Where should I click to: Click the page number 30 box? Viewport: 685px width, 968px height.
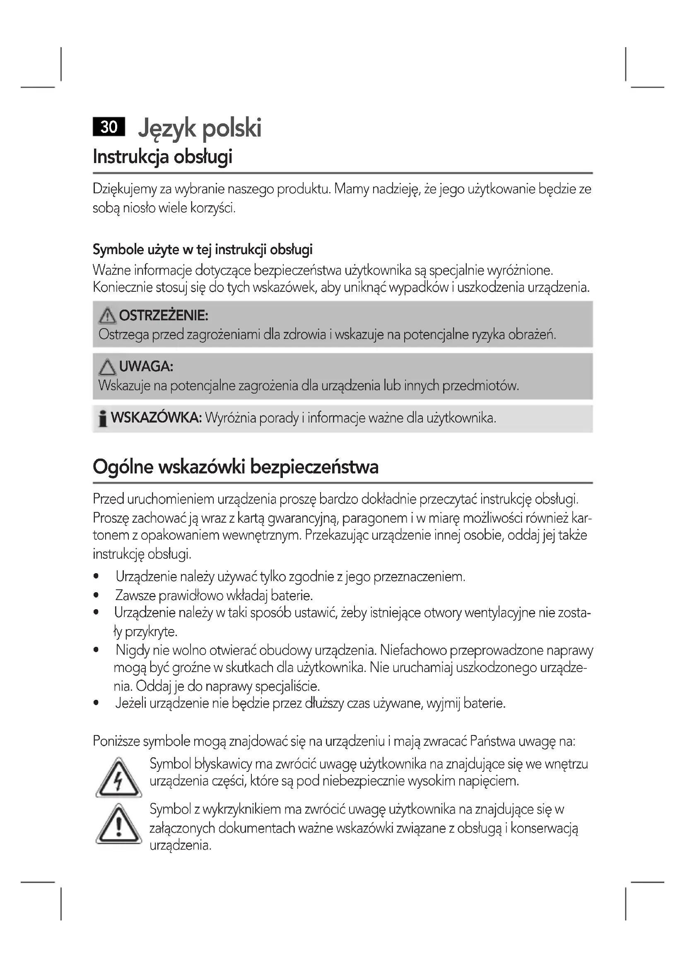[109, 127]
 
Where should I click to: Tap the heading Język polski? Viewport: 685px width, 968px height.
[200, 128]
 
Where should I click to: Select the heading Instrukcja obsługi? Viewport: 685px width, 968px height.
[162, 157]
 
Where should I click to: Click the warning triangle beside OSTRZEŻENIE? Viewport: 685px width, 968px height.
[108, 315]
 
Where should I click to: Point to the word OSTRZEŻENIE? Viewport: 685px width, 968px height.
[164, 315]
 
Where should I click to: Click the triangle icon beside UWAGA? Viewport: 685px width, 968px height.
[108, 367]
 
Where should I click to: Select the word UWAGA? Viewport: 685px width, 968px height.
[146, 366]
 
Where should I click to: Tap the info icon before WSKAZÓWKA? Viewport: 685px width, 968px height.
[102, 419]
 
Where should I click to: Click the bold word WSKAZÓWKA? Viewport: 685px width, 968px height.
[156, 418]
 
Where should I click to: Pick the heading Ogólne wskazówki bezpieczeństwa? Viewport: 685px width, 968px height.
[235, 467]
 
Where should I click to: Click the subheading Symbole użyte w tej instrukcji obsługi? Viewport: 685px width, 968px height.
[203, 250]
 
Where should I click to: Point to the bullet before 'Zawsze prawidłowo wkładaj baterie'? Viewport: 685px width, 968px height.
[96, 596]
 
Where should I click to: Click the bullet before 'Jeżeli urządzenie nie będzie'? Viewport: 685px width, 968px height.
[96, 703]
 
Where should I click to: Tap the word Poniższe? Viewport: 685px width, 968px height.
[116, 741]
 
